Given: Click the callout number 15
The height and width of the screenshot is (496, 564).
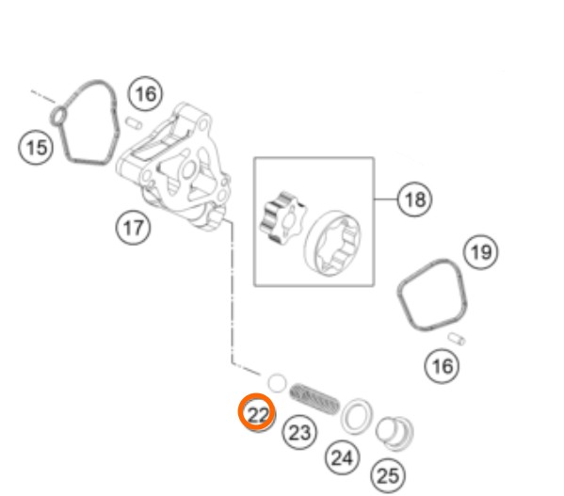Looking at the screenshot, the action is (36, 148).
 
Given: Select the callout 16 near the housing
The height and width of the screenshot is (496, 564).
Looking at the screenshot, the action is (145, 94).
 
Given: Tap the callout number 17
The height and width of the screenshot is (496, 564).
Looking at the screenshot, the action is (133, 228).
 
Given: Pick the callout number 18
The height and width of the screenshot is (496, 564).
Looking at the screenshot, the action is (414, 200).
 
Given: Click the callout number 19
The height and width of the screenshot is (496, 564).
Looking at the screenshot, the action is (481, 252).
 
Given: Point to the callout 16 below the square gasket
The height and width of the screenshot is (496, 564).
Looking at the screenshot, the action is (442, 366).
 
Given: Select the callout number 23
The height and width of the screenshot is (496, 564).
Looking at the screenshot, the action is (299, 432).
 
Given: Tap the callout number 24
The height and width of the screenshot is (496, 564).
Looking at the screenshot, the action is (342, 457).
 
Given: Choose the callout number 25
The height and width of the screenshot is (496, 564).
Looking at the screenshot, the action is (388, 476).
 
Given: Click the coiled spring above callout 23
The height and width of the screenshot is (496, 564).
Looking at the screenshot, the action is (314, 398).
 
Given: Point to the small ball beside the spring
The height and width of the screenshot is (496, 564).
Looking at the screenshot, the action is (277, 383).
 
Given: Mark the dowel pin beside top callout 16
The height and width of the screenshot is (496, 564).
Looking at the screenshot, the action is (134, 122).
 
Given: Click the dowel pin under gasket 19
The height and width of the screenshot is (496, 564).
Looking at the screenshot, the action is (457, 339).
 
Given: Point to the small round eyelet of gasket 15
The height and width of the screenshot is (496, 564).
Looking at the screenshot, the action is (59, 116).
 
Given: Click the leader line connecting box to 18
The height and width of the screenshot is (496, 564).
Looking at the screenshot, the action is (386, 199).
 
